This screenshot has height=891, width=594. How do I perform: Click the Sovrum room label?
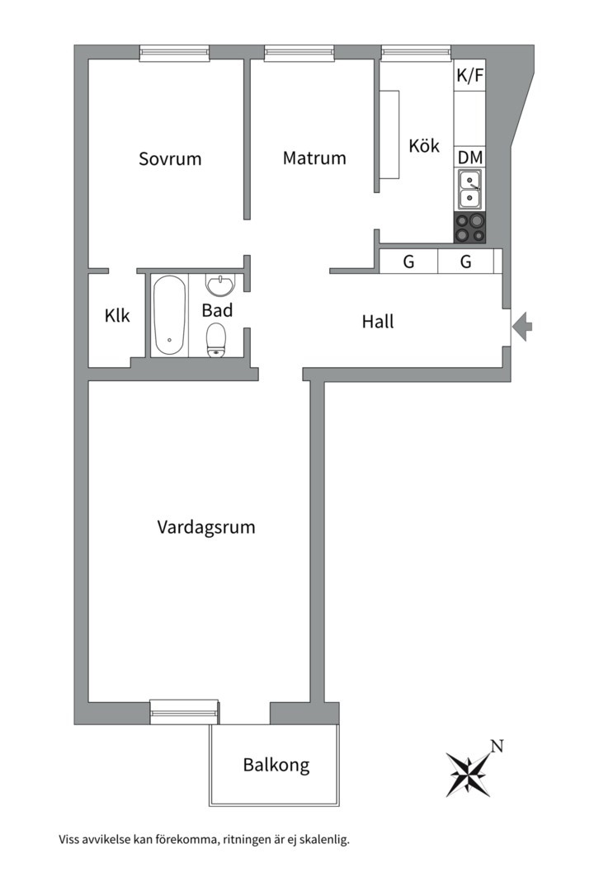click(x=170, y=158)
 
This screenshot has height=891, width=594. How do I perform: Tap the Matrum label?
click(x=314, y=158)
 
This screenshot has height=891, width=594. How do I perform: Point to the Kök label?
click(x=424, y=146)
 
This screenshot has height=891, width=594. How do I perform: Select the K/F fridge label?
click(x=470, y=76)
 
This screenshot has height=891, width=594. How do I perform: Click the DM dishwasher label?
click(x=470, y=157)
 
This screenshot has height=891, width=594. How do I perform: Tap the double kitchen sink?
click(x=470, y=190)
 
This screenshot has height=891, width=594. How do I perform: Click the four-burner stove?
click(x=470, y=228)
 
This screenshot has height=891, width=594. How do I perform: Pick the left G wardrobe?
click(x=408, y=262)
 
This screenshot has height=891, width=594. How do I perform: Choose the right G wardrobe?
click(x=465, y=262)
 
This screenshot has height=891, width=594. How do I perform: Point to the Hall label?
click(x=378, y=322)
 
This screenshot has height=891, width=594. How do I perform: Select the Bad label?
click(x=217, y=310)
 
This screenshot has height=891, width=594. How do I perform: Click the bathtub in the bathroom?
click(x=169, y=315)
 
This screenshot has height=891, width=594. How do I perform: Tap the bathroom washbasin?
click(x=220, y=285)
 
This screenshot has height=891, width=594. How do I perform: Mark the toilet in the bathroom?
click(x=216, y=339)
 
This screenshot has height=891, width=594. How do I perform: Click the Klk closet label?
click(x=117, y=315)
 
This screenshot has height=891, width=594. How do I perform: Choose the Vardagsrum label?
click(x=206, y=526)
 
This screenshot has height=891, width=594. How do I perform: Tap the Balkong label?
click(x=276, y=765)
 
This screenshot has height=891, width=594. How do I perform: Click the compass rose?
click(x=467, y=773)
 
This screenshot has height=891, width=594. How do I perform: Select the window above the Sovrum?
click(x=174, y=53)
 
